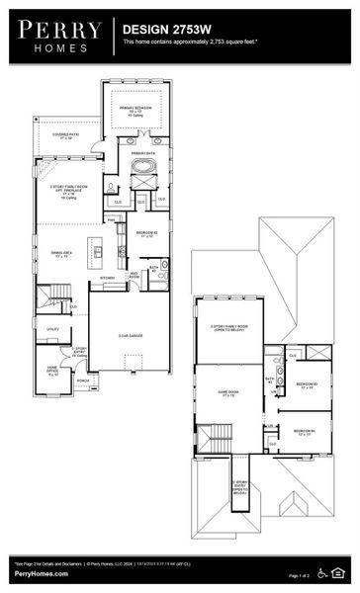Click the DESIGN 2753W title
[163, 31]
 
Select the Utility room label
[51, 329]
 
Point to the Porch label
[83, 380]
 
